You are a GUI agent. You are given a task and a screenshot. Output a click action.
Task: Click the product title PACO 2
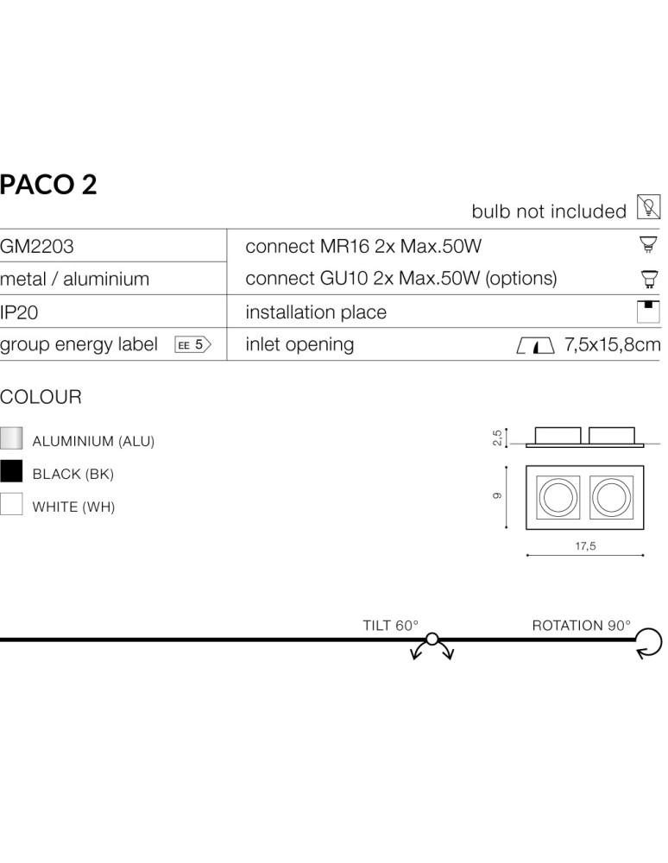point(48,185)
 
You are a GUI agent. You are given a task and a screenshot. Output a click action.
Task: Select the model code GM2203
point(37,247)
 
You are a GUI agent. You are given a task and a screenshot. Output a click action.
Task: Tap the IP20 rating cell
point(19,312)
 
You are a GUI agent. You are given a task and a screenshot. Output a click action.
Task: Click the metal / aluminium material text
point(74,280)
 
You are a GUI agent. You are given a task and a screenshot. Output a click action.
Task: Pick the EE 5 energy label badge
point(193,345)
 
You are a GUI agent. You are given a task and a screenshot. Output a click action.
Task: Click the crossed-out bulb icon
point(647,208)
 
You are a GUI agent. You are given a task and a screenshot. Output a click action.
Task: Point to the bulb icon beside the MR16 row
point(648,246)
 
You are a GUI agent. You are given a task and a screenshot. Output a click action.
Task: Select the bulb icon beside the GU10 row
point(648,279)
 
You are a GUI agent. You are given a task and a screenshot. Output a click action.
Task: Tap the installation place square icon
point(648,312)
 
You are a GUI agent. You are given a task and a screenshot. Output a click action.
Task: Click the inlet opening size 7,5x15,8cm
point(612,345)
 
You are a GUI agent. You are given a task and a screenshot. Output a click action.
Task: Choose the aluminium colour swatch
point(11,438)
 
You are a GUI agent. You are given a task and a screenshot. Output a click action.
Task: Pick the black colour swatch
point(11,471)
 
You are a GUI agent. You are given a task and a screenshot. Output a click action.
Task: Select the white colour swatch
point(11,504)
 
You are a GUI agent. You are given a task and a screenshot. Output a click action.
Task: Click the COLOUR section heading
point(41,398)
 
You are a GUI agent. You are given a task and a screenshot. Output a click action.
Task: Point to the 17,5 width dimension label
point(585,545)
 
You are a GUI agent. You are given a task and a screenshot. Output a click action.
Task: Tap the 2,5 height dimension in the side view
point(496,438)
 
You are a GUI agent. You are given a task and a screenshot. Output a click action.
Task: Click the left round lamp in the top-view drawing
point(557,498)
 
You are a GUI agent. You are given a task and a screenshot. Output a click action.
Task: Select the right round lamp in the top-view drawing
point(612,498)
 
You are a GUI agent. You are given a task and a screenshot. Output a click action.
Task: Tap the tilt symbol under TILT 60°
point(432,646)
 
